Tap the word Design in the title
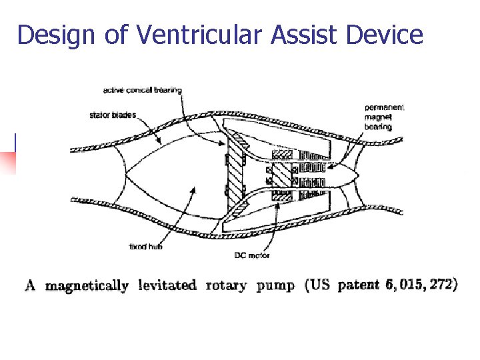pyautogui.click(x=55, y=35)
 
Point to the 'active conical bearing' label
pyautogui.click(x=143, y=90)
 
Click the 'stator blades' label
pyautogui.click(x=112, y=115)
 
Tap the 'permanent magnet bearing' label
pyautogui.click(x=384, y=117)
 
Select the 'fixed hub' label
pyautogui.click(x=145, y=247)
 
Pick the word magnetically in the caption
pyautogui.click(x=87, y=286)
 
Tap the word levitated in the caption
pyautogui.click(x=167, y=285)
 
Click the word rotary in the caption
pyautogui.click(x=226, y=286)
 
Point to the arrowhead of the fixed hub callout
pyautogui.click(x=194, y=187)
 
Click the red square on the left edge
pyautogui.click(x=7, y=163)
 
